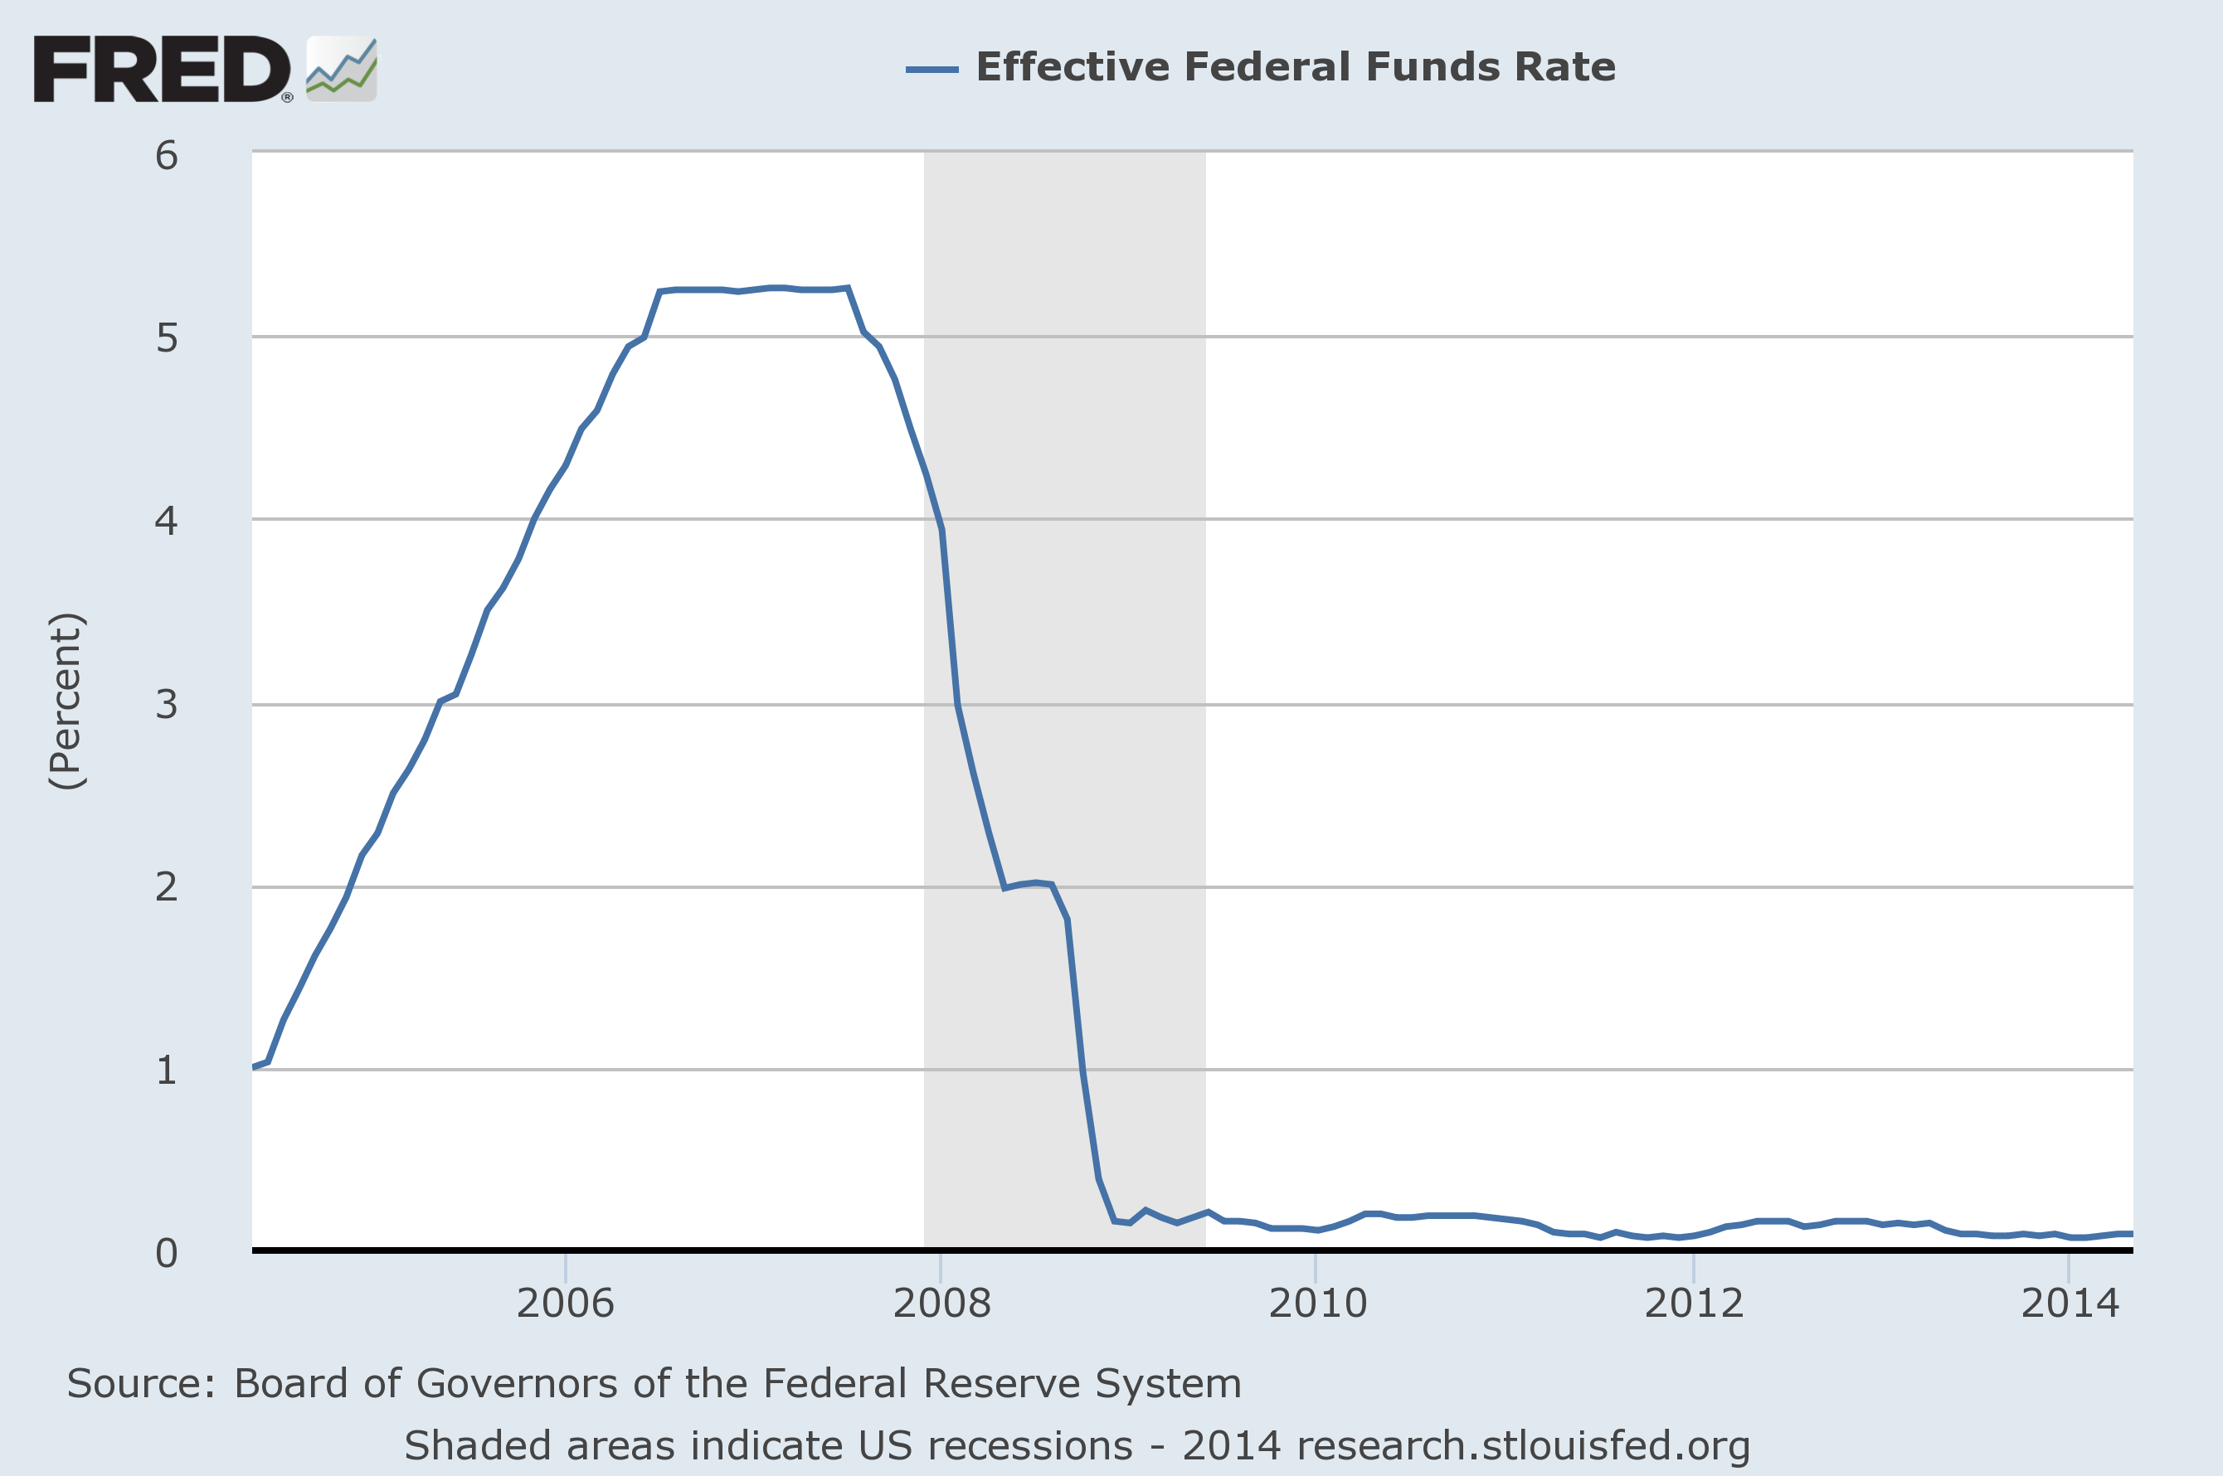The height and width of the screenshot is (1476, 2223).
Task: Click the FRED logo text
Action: (162, 69)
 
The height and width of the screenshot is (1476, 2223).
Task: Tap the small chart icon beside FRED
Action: (342, 69)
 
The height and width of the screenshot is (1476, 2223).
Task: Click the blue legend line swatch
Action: (932, 69)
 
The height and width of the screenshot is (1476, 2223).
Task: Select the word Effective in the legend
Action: (1072, 67)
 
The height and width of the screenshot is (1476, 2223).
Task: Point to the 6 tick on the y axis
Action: (167, 155)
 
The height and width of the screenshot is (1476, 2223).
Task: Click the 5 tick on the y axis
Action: (167, 337)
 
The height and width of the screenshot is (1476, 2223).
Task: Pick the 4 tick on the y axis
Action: (167, 520)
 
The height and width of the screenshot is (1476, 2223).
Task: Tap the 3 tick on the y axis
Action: (167, 703)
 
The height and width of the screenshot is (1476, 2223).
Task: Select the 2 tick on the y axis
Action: (167, 886)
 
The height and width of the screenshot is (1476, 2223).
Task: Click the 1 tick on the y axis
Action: (167, 1070)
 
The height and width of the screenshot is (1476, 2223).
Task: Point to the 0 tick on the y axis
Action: (167, 1253)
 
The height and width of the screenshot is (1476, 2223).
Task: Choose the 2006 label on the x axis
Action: (565, 1303)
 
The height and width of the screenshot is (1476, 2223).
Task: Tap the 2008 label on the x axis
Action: (941, 1303)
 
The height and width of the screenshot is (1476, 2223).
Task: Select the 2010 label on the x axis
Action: (1317, 1303)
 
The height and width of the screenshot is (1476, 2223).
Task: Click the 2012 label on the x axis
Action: (1694, 1303)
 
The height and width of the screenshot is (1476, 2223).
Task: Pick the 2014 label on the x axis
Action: (2070, 1303)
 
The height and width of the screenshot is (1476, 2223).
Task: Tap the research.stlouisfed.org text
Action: (1522, 1446)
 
